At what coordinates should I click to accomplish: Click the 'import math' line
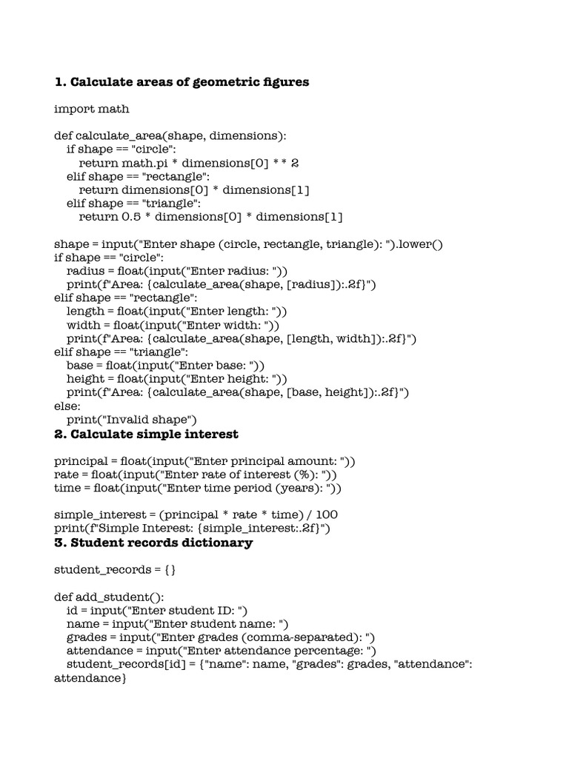tap(91, 109)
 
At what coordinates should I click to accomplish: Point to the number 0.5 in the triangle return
tap(130, 217)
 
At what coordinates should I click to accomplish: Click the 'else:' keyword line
tap(67, 406)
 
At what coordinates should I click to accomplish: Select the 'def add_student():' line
tap(109, 597)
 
